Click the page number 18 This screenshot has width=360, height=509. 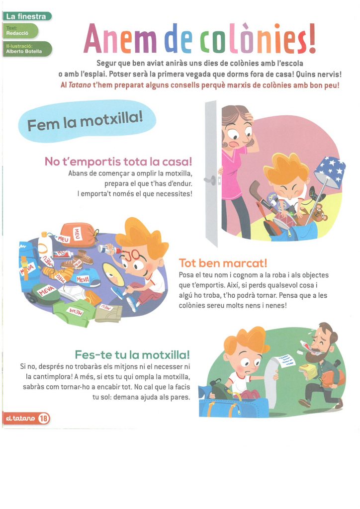(43, 419)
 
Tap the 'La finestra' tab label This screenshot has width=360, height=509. (26, 16)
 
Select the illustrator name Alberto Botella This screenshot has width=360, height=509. (24, 51)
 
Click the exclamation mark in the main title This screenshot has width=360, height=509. (312, 38)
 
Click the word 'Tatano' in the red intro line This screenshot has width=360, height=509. (80, 85)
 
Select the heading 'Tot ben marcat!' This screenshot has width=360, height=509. (223, 263)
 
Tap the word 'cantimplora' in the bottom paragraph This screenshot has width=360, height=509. (49, 377)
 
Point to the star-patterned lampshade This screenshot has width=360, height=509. (330, 171)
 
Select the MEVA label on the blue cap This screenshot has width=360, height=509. (83, 279)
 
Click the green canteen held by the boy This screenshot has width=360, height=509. (222, 391)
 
